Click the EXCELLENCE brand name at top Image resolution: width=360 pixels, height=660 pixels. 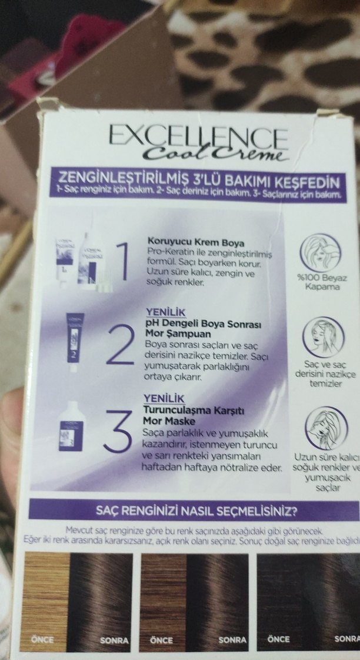pos(198,137)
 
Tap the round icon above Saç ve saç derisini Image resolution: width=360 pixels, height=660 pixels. pos(323,336)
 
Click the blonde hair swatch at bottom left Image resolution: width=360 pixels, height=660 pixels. pos(45,594)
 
